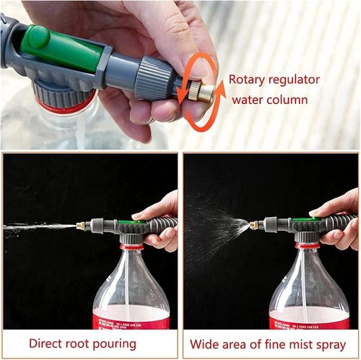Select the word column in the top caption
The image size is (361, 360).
(x=286, y=100)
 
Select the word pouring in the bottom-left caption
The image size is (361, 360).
(x=112, y=343)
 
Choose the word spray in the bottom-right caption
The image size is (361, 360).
(x=329, y=343)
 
